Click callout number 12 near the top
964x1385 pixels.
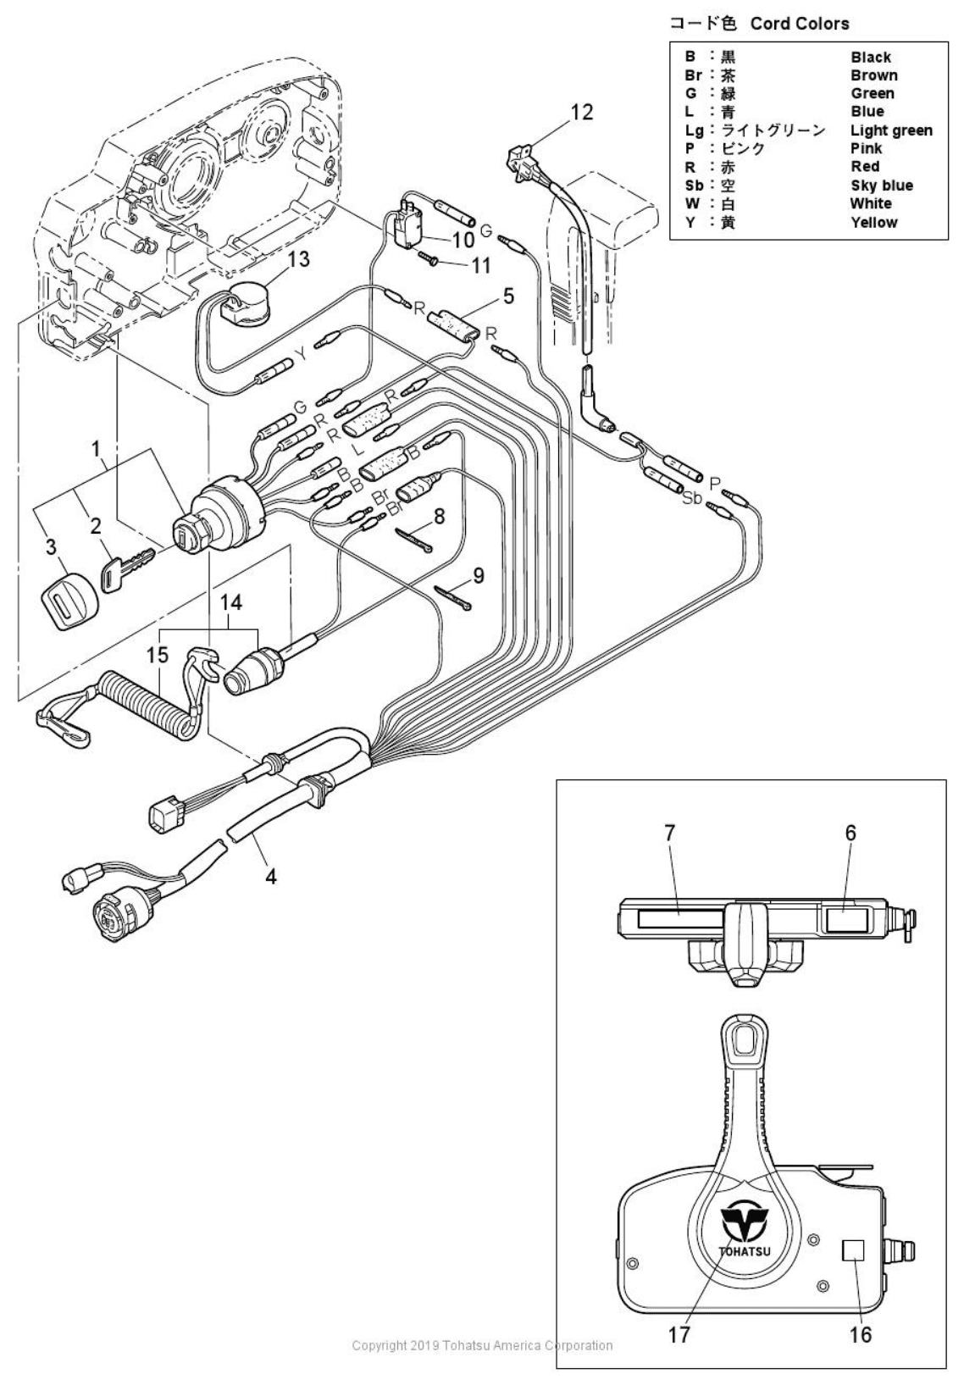582,112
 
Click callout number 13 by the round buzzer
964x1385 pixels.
298,258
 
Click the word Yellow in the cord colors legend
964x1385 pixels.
873,222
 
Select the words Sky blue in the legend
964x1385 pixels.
881,186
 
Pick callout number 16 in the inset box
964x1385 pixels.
860,1334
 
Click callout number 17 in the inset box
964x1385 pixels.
679,1334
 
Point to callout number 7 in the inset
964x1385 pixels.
670,833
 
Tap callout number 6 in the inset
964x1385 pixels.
850,833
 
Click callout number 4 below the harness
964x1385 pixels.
270,876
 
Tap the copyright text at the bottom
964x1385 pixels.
482,1344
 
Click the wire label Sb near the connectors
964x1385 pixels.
692,498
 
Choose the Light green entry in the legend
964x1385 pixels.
891,130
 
